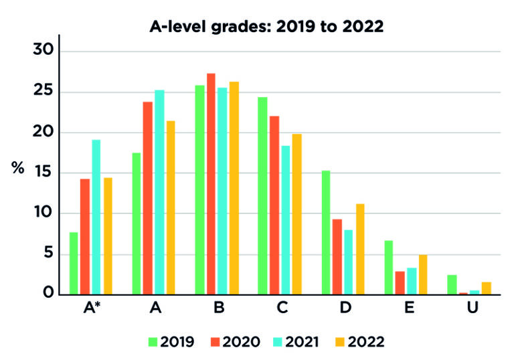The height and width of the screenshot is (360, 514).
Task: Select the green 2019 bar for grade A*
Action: point(74,264)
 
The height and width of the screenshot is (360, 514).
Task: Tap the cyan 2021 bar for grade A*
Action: point(96,217)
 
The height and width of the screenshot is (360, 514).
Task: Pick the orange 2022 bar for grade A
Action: point(171,207)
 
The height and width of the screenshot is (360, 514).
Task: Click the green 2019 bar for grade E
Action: point(389,267)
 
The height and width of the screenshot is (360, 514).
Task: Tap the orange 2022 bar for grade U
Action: point(487,288)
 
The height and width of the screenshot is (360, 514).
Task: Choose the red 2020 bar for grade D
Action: point(337,257)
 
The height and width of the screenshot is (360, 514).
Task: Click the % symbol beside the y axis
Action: point(17,168)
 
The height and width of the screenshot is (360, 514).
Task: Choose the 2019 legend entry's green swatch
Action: point(153,342)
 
